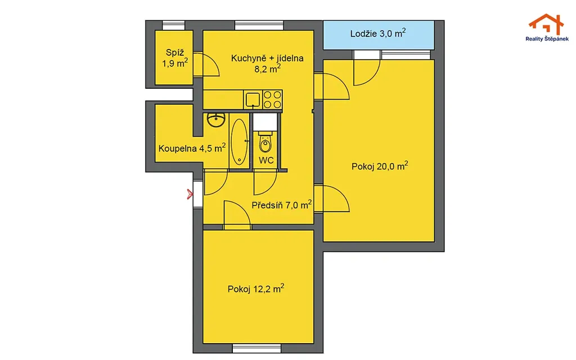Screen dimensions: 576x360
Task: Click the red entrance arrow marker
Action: click(x=190, y=194)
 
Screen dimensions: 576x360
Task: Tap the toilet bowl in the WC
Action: click(x=265, y=142)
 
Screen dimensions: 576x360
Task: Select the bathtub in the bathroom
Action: click(x=240, y=141)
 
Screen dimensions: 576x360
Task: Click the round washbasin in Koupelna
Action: click(x=216, y=120)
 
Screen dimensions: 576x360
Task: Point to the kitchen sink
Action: click(x=253, y=99)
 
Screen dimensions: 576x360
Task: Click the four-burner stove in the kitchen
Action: click(x=272, y=100)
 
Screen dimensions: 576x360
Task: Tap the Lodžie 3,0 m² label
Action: click(x=378, y=33)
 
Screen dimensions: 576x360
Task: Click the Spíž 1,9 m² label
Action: click(x=175, y=58)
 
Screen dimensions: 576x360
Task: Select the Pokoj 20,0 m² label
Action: click(x=380, y=166)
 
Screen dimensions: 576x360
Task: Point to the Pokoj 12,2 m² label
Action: click(x=256, y=289)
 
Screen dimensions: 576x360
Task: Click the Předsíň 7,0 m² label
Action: click(x=282, y=205)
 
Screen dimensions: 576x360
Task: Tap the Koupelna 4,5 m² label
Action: click(x=192, y=148)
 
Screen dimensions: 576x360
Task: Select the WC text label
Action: click(x=266, y=160)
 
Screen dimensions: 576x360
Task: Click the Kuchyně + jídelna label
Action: click(x=267, y=58)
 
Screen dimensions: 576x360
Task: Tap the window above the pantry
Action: click(x=173, y=25)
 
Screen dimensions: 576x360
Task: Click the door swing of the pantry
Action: click(x=206, y=65)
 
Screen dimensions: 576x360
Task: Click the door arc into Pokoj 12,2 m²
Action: click(x=237, y=215)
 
